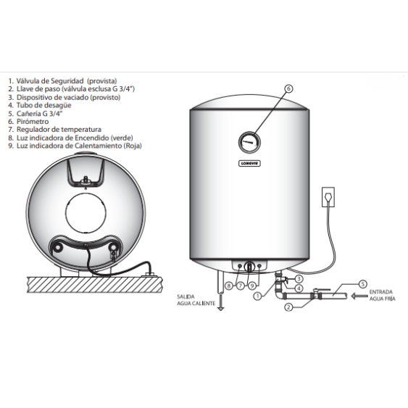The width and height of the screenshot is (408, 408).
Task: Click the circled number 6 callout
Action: tap(288, 89)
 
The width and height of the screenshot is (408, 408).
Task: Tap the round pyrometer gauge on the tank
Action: tap(249, 140)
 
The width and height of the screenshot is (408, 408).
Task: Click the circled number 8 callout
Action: tap(228, 286)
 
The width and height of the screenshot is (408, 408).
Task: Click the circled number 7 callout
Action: tap(240, 286)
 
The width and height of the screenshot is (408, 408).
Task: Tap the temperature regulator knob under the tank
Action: tap(249, 266)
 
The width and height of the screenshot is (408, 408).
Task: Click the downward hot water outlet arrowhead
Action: tap(220, 306)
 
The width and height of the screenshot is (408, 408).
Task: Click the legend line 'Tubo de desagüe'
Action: tap(33, 105)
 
